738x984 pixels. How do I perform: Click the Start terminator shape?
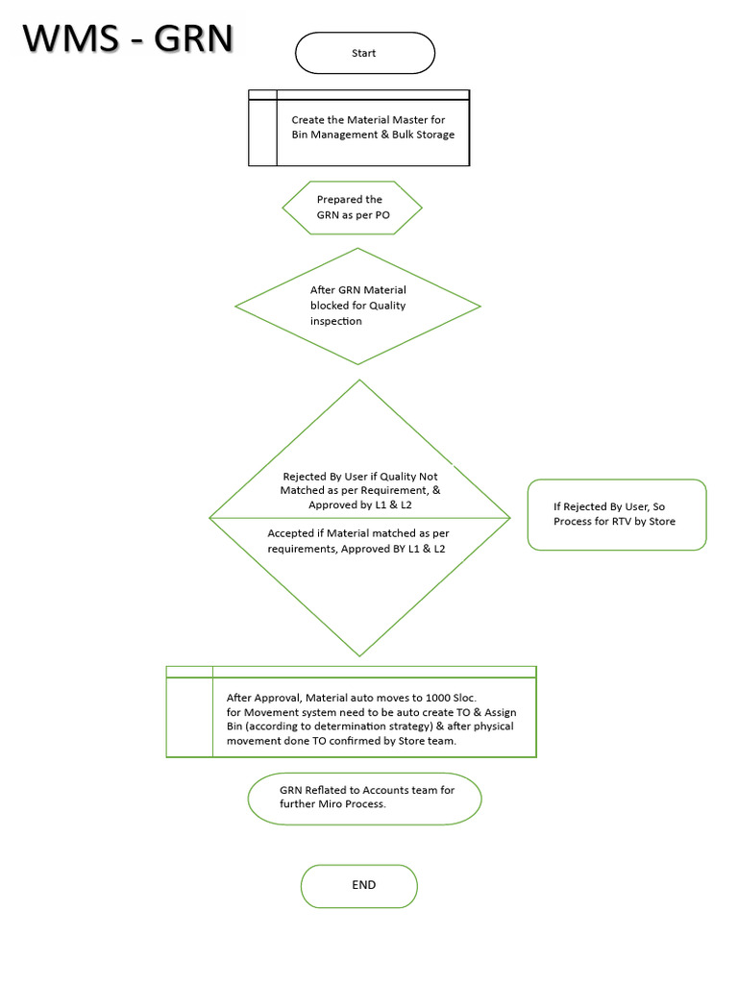pyautogui.click(x=364, y=54)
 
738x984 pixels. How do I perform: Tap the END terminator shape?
pyautogui.click(x=359, y=885)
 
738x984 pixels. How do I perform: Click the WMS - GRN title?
pyautogui.click(x=128, y=38)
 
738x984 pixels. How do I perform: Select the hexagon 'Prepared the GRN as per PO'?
pyautogui.click(x=352, y=208)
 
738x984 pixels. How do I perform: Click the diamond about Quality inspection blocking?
pyautogui.click(x=357, y=307)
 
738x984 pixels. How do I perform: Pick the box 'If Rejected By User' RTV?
pyautogui.click(x=617, y=514)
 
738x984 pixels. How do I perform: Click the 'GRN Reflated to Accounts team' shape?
pyautogui.click(x=364, y=798)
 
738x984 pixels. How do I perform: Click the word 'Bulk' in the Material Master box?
pyautogui.click(x=388, y=135)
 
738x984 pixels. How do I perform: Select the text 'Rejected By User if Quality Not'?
pyautogui.click(x=360, y=477)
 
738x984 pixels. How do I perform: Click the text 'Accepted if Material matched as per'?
pyautogui.click(x=358, y=533)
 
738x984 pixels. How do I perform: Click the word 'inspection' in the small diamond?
pyautogui.click(x=336, y=322)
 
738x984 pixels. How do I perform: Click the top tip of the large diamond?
pyautogui.click(x=359, y=381)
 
